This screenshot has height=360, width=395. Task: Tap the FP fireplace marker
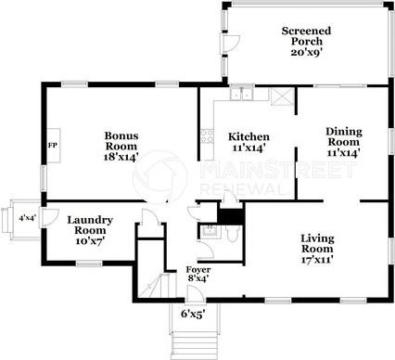pos(53,146)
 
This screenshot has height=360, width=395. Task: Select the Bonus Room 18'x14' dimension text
pos(121,157)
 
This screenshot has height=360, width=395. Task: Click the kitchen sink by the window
pos(242,95)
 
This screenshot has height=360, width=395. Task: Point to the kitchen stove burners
pos(207,136)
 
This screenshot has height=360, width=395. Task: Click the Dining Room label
pos(344,136)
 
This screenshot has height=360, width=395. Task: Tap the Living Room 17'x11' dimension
pos(317,259)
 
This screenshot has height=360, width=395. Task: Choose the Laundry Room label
pos(90,225)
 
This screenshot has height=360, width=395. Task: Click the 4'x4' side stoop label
pos(28,218)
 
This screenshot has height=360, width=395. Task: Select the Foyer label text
pos(198,269)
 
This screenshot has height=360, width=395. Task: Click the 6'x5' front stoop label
pos(194,315)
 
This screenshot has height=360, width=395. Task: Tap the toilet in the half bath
pos(232,233)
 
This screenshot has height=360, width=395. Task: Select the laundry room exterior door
pos(50,218)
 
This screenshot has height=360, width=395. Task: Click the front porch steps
pos(194,345)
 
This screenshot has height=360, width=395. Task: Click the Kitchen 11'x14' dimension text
pos(248,148)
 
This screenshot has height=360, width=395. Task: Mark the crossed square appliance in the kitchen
pos(283,96)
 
